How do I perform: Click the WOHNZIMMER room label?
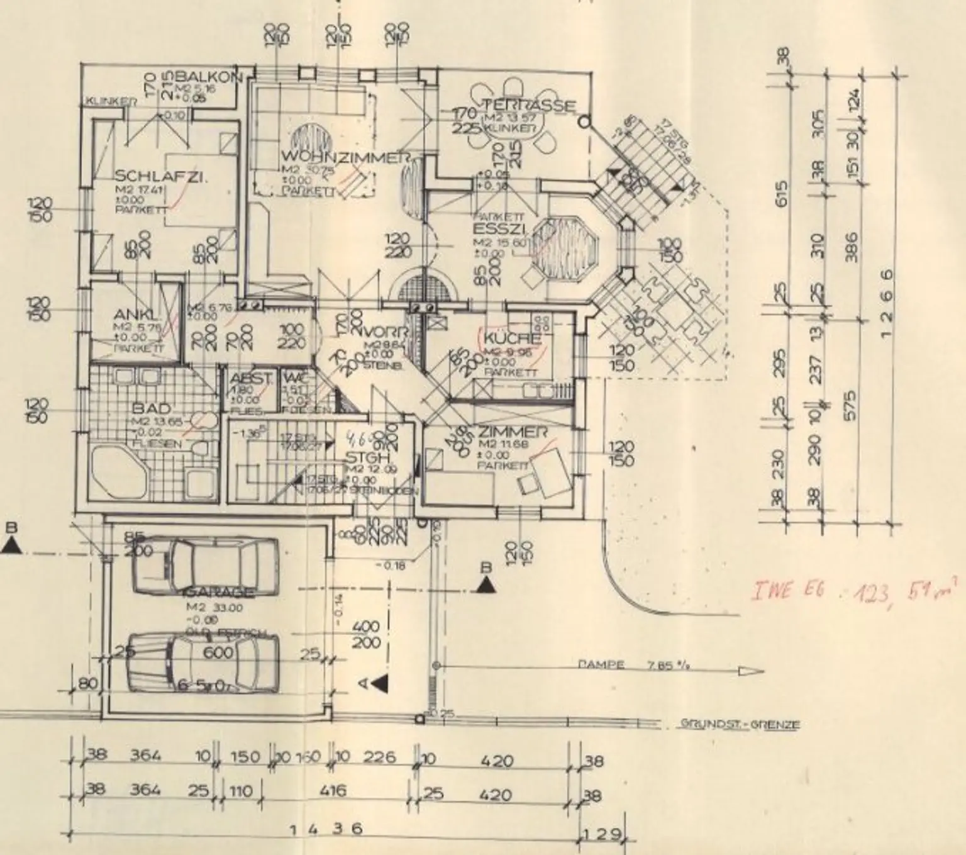(x=347, y=157)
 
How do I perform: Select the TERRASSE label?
(x=528, y=105)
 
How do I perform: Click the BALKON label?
(x=210, y=77)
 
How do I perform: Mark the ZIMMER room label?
(x=510, y=432)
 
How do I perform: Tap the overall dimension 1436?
(x=326, y=829)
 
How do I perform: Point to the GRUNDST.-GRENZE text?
(x=740, y=724)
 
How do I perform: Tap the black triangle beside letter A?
(x=379, y=683)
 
